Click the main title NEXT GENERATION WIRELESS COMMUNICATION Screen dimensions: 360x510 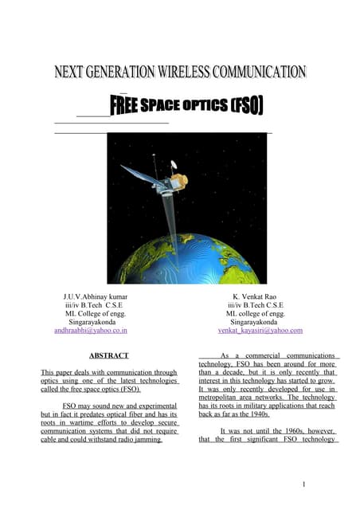(180, 73)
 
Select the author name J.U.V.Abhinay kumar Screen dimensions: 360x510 (94, 296)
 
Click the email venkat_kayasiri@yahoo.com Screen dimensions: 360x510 (260, 330)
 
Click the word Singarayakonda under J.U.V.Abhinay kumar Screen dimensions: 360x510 (93, 322)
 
